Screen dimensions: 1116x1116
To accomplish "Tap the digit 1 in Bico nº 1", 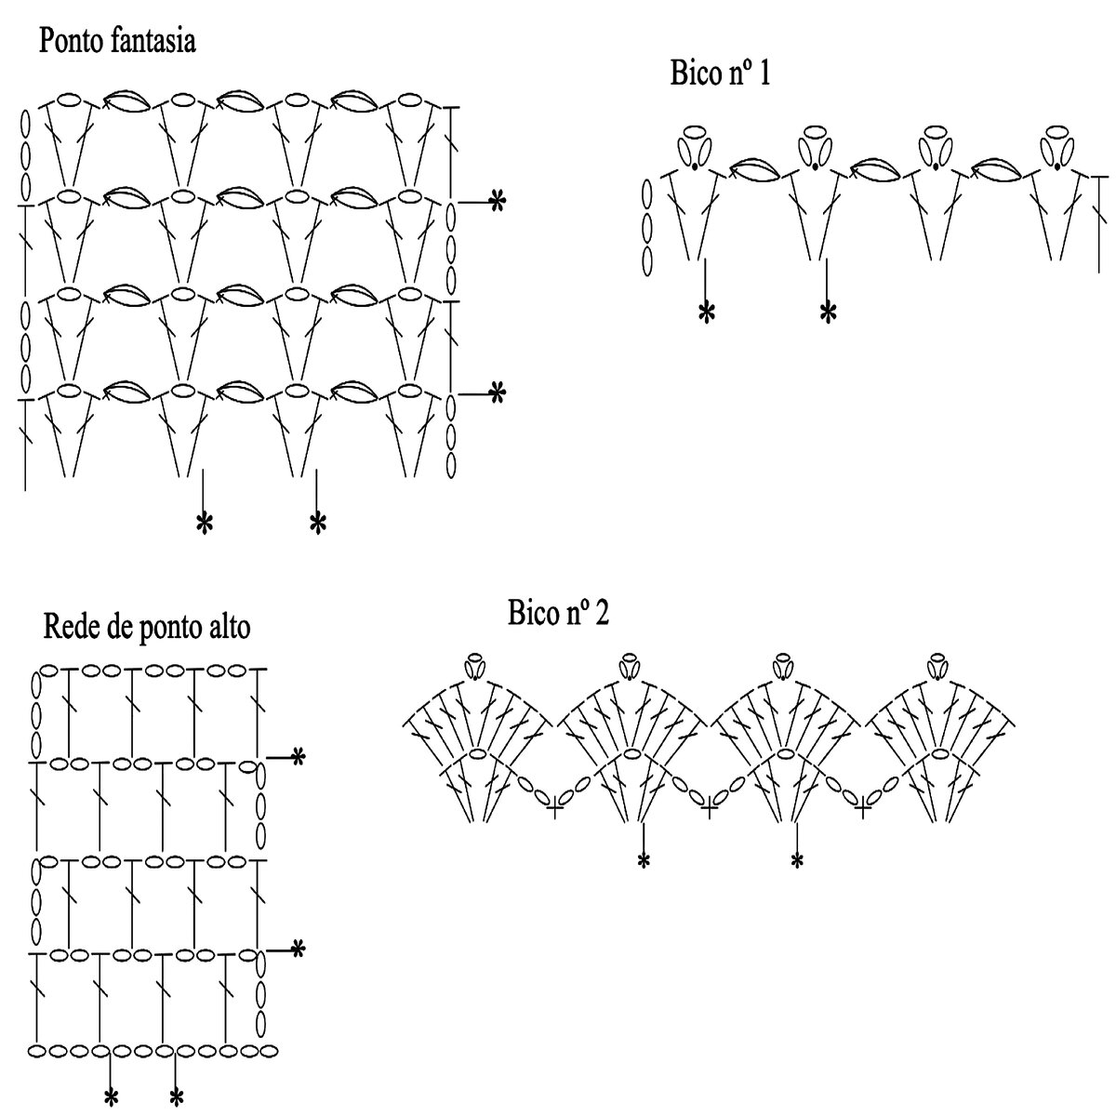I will click(764, 74).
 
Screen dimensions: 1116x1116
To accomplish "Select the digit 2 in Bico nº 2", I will click(601, 614).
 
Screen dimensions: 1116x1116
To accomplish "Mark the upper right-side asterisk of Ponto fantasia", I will click(498, 200).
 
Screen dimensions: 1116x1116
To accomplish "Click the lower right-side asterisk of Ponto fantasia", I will click(498, 393).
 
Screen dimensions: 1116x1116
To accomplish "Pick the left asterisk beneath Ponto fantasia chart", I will click(204, 525).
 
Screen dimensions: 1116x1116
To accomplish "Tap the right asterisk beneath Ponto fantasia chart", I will click(317, 525).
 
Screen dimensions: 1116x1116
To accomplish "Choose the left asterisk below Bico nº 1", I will click(706, 312).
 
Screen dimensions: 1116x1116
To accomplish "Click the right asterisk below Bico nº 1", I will click(827, 312).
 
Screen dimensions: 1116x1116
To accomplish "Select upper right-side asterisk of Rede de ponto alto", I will click(298, 758).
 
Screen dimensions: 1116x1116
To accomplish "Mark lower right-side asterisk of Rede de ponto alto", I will click(298, 950).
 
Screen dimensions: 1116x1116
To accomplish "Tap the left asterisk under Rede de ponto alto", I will click(111, 1097).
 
